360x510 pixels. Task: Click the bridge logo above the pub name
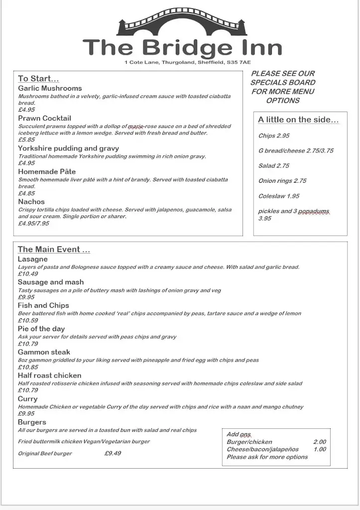tap(182, 22)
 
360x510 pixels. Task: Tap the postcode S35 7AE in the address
tap(239, 62)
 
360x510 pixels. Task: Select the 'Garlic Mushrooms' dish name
tap(50, 88)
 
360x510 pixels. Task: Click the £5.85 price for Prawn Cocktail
tap(26, 140)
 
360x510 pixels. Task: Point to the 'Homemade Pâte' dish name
tap(47, 171)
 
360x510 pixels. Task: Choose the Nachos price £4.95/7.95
tap(33, 224)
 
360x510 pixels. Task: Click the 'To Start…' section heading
tap(38, 78)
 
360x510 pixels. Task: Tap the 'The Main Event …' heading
tap(54, 250)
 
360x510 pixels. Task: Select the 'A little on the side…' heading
tap(298, 120)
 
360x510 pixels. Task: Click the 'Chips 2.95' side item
tap(274, 135)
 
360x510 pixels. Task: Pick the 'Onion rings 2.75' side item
tap(282, 181)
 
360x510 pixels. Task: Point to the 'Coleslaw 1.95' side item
tap(279, 196)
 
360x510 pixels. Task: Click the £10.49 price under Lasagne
tap(28, 274)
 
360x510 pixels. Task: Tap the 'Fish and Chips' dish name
tap(43, 305)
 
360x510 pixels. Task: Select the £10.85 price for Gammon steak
tap(28, 367)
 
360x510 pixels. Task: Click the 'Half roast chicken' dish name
tap(49, 376)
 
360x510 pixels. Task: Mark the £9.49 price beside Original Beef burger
tap(113, 453)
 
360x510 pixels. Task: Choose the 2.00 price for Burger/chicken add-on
tap(319, 442)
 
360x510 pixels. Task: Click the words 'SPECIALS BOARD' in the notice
tap(283, 82)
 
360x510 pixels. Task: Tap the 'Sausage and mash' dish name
tap(51, 282)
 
